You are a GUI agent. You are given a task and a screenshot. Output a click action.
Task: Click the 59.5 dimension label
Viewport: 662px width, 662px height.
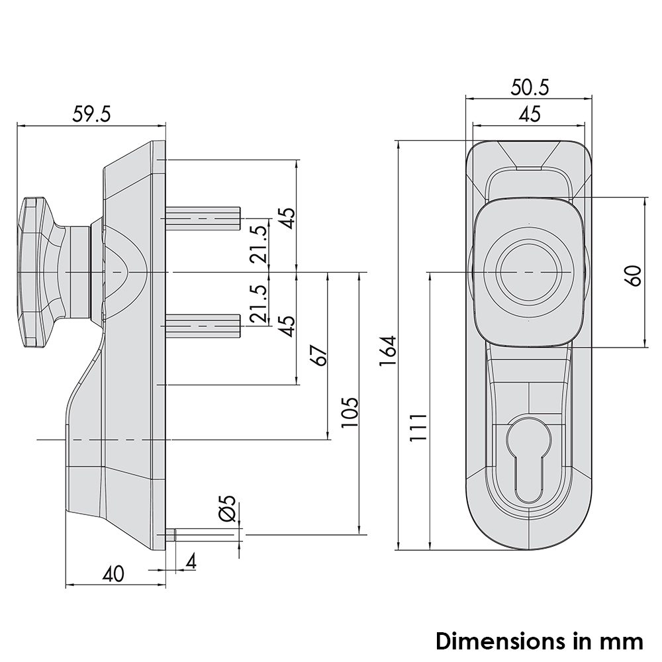(x=91, y=114)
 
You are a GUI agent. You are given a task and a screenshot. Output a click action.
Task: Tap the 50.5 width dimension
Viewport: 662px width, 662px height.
(x=530, y=87)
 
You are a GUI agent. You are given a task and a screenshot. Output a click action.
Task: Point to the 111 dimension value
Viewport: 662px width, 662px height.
(x=418, y=427)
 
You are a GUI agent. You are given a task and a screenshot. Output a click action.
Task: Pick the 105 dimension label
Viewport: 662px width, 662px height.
(x=350, y=412)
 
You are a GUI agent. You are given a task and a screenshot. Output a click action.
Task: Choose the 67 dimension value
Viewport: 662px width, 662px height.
(x=319, y=355)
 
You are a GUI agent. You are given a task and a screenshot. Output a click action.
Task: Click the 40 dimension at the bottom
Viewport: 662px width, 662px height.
(x=113, y=574)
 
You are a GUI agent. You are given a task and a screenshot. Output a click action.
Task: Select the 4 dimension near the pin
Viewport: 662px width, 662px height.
(x=191, y=561)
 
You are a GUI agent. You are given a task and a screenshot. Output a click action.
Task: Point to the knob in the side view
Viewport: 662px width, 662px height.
(x=54, y=272)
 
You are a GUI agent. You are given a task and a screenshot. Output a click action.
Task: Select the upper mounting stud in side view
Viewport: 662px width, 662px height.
(x=203, y=218)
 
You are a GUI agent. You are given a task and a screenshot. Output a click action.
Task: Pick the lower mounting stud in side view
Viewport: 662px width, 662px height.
(x=203, y=326)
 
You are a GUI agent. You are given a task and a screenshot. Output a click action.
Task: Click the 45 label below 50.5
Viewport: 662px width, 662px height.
(x=530, y=115)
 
